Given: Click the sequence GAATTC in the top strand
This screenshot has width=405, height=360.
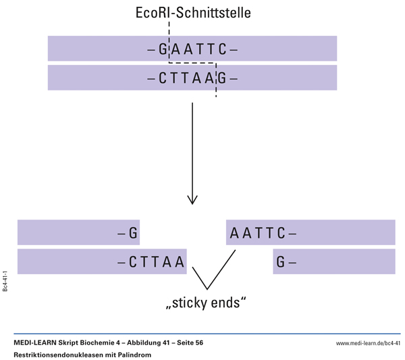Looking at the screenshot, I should coord(192,49).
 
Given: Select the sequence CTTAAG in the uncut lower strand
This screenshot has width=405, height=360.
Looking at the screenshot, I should coord(192,78).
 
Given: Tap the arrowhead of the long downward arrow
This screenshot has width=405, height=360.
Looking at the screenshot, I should coord(192,200).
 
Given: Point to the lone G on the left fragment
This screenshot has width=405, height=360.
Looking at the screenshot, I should coord(133,234).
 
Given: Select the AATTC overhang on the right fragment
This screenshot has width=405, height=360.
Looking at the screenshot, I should coord(257,234).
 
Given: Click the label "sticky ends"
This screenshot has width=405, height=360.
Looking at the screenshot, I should coord(202,303).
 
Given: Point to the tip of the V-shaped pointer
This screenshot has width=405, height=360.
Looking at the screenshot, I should coord(205,289).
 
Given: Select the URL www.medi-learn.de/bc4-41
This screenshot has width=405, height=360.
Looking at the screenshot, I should coord(368,344).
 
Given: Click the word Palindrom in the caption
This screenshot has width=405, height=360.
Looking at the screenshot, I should coord(135,355).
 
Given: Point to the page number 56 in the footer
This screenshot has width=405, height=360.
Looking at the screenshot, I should coord(198,343).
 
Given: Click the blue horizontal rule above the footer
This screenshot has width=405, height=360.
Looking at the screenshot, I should coord(202,334).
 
